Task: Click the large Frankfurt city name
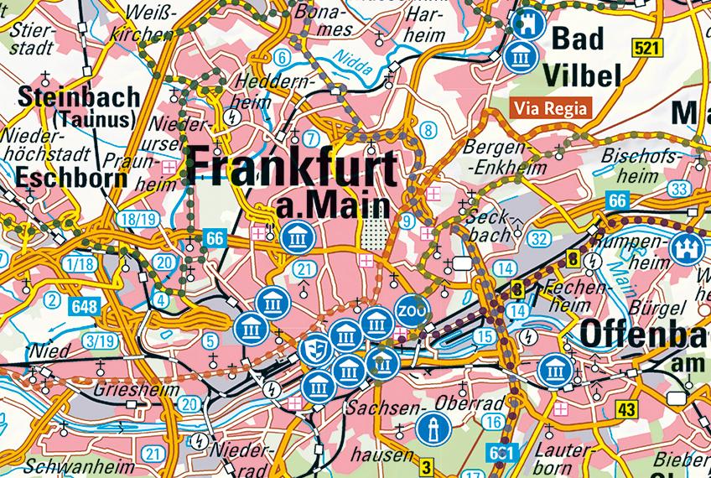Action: coord(292,167)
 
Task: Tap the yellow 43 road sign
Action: coord(625,408)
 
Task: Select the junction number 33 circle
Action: coord(679,188)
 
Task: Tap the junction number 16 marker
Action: coord(495,422)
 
